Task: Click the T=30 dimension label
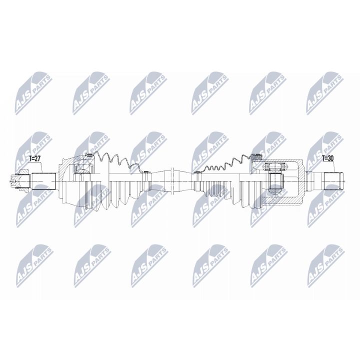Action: coord(328,158)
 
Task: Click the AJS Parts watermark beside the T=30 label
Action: coord(324,146)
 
